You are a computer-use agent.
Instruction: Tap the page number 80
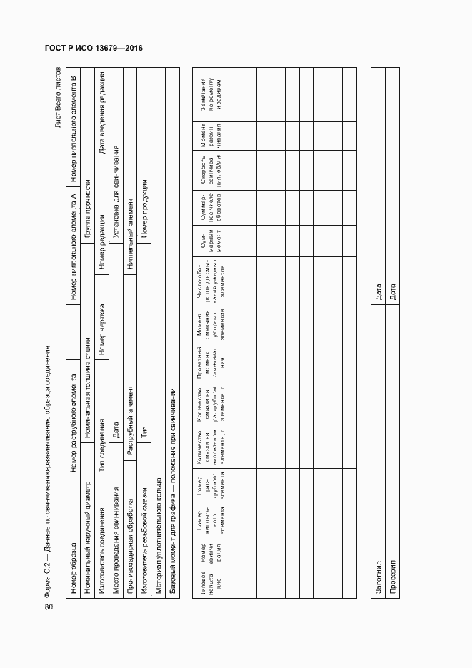[49, 607]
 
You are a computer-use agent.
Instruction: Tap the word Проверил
[392, 575]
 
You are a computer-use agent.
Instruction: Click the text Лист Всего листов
[60, 99]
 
